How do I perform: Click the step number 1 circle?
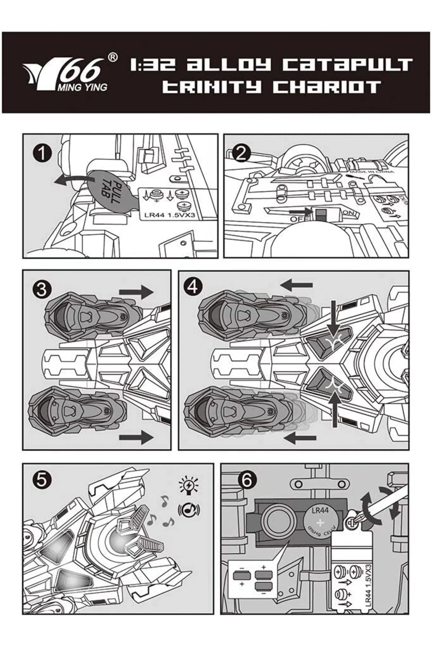click(x=42, y=154)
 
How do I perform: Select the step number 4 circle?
click(x=194, y=287)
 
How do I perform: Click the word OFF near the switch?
click(x=297, y=218)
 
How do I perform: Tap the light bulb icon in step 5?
click(x=189, y=485)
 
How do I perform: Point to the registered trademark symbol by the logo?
click(x=113, y=57)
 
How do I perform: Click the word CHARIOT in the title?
click(x=327, y=87)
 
